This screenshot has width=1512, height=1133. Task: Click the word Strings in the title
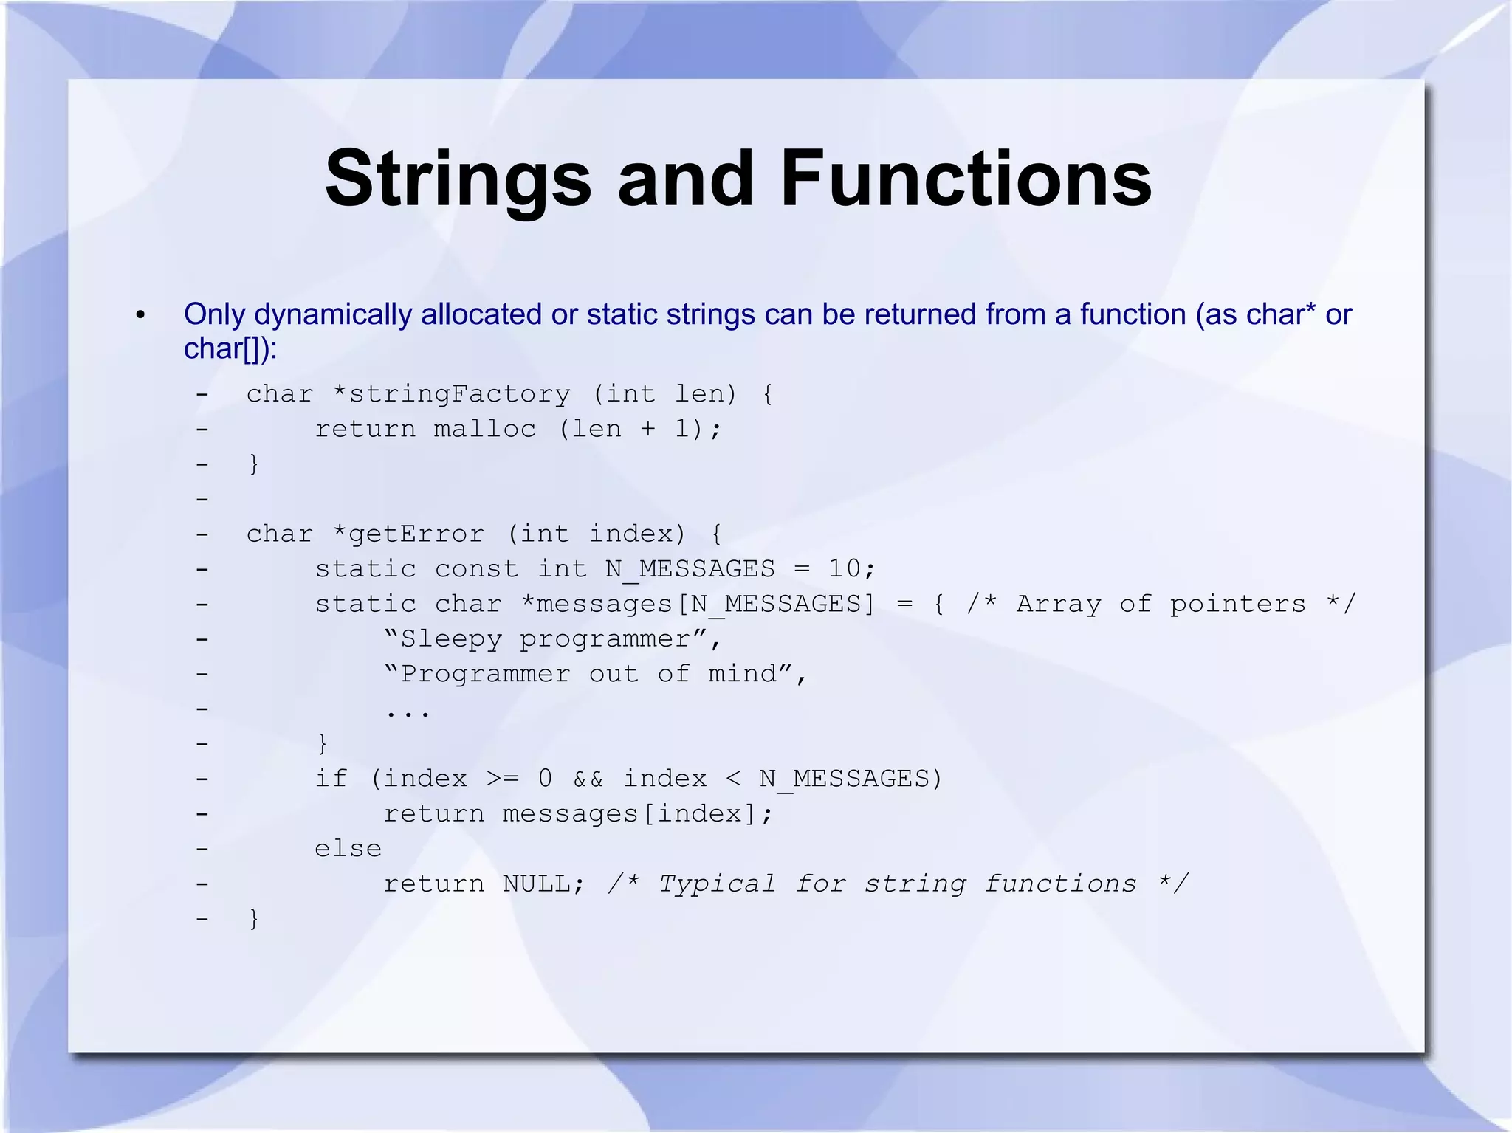click(458, 179)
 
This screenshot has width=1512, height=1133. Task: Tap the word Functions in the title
click(965, 179)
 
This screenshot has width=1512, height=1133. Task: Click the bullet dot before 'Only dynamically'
click(141, 316)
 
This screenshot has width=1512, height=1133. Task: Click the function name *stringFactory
click(451, 394)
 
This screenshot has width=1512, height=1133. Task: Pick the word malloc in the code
click(484, 429)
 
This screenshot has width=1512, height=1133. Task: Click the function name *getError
click(408, 534)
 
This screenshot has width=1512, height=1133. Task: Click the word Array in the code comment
click(1058, 604)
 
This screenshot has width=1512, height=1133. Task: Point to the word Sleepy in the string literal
click(450, 638)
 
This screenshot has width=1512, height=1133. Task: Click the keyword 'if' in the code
click(331, 779)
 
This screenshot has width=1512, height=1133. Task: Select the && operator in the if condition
click(588, 779)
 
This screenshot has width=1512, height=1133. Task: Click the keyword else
click(348, 849)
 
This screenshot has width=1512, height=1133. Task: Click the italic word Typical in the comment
click(716, 884)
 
